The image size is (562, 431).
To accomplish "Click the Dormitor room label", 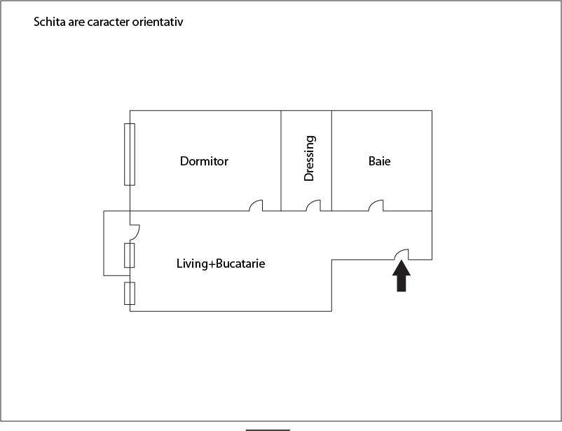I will [204, 161].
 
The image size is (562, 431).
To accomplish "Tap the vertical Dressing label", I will [309, 158].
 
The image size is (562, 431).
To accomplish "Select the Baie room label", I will [379, 161].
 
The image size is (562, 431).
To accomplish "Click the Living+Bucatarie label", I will [221, 264].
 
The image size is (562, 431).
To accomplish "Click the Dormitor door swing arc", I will [256, 205].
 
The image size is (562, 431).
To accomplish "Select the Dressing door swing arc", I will [313, 205].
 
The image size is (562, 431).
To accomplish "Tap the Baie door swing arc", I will [377, 205].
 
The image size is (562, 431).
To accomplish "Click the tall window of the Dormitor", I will [129, 154].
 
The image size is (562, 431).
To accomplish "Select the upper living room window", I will [129, 255].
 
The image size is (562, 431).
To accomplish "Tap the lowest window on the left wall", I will [129, 293].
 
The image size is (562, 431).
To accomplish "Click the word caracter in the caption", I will [107, 22].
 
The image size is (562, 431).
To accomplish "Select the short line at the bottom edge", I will [267, 429].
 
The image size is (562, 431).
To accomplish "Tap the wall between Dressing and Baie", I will [331, 160].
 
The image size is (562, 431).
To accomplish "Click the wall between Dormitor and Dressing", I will [281, 160].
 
